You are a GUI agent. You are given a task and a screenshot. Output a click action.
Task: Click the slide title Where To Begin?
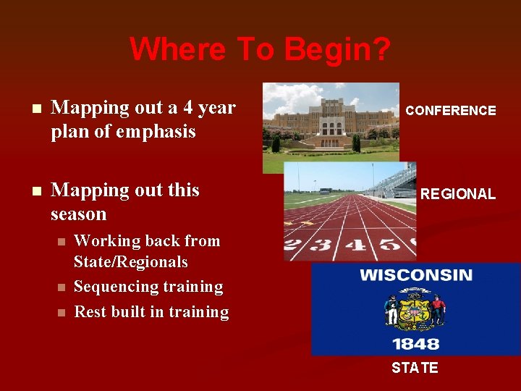pos(260,49)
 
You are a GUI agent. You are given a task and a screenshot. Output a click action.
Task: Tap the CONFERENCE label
pos(450,111)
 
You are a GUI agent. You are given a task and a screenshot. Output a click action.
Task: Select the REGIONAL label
pos(458,194)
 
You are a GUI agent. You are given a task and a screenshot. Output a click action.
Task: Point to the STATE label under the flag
pos(415,368)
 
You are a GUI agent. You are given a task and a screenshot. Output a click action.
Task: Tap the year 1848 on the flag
pos(415,342)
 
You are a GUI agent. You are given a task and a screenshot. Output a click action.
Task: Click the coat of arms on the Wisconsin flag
pos(415,309)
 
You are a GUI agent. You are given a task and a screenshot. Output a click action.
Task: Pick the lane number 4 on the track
pos(355,245)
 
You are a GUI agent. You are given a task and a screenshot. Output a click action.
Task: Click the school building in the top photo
pos(329,116)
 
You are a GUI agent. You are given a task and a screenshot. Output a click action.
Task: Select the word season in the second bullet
pos(79,214)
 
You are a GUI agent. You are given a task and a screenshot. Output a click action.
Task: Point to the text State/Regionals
pos(131,262)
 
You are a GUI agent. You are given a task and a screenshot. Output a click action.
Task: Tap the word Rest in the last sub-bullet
pos(90,312)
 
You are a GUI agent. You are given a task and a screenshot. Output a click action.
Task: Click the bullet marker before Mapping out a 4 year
pos(28,109)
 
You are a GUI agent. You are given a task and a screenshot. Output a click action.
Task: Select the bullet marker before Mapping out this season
pos(28,192)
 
